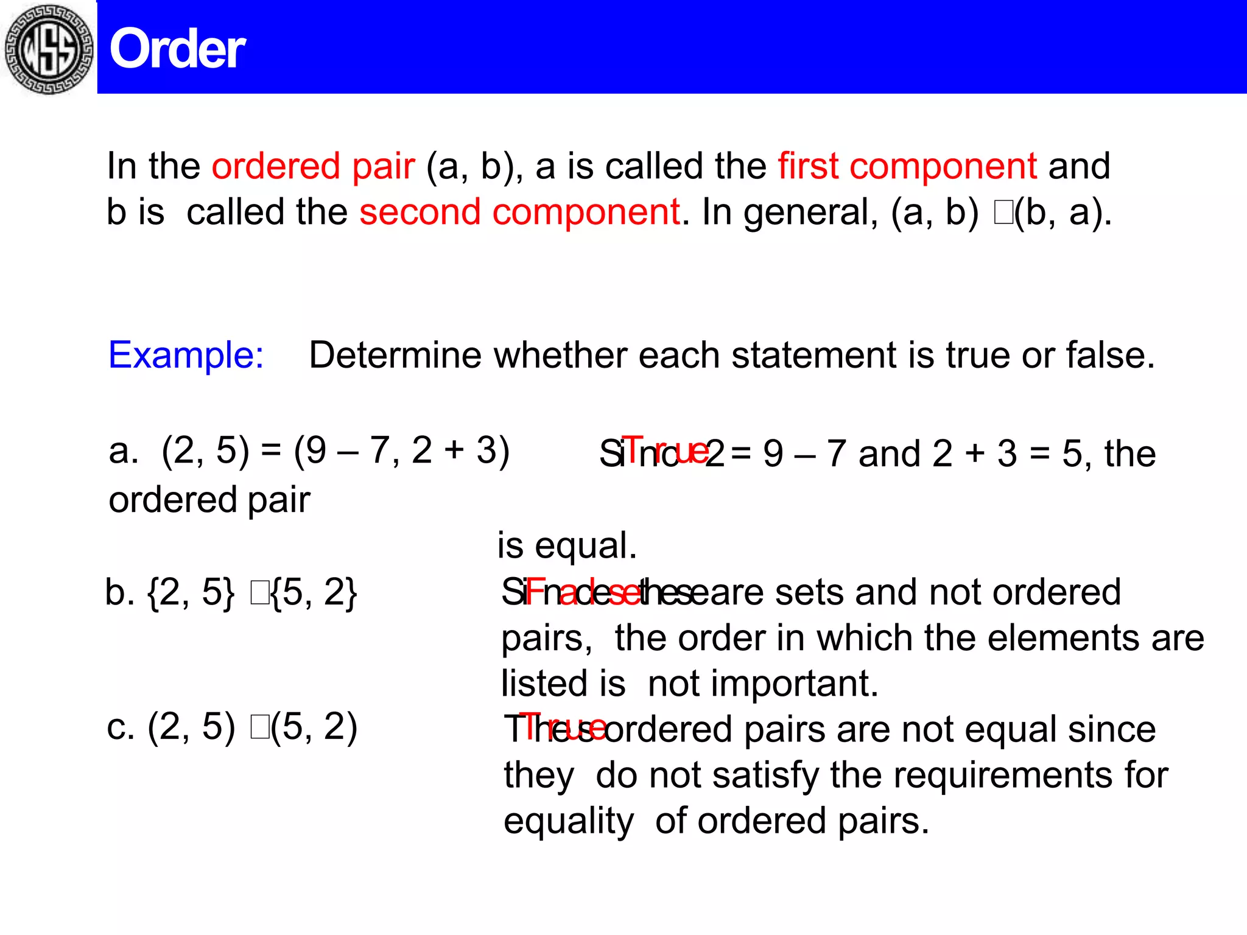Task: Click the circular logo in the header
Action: point(49,49)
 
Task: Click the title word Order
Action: point(177,50)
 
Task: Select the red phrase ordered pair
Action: point(313,166)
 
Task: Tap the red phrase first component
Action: point(907,166)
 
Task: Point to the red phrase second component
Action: point(519,212)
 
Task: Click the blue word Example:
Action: point(186,355)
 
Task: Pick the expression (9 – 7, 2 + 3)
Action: point(401,451)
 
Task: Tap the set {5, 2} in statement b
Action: point(314,592)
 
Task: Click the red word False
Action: point(581,592)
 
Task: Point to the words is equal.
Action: point(567,545)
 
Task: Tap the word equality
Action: point(569,821)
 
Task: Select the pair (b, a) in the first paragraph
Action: point(1063,212)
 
